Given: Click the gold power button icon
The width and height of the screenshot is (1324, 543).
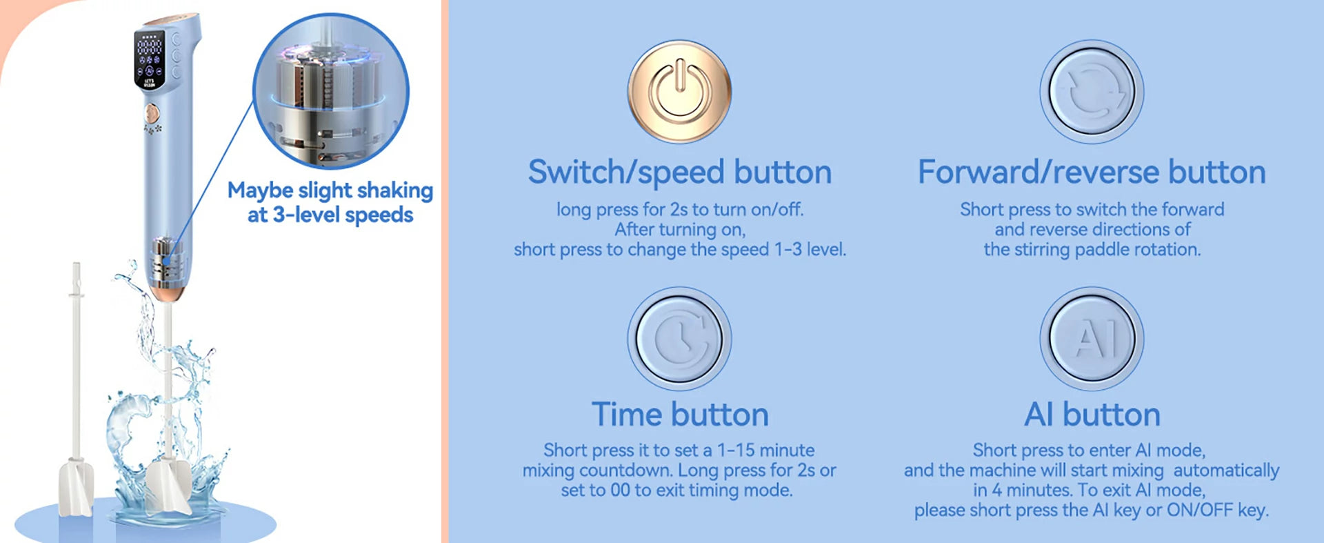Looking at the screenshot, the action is point(679,92).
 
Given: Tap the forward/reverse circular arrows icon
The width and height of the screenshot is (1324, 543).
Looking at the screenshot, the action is point(1092,92).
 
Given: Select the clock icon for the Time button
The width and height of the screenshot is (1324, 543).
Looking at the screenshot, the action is point(679,339).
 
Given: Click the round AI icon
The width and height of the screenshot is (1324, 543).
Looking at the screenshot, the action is point(1092,339).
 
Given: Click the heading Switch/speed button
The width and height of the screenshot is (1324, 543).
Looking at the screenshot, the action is point(680,172).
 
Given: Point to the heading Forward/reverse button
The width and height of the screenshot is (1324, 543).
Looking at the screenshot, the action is point(1092,172).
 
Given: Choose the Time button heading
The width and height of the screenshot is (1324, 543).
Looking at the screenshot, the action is point(680,415).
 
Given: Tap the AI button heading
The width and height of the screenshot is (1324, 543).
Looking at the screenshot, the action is point(1092,415).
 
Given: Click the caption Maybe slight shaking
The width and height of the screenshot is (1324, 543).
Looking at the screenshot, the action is point(330,190).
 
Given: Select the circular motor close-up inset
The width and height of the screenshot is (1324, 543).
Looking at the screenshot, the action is point(331,91).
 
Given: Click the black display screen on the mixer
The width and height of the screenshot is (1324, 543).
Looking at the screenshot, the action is point(150,59).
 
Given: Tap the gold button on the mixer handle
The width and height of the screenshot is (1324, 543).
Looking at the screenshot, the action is point(152,112).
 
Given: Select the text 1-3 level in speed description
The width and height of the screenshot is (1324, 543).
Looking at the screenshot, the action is point(810,250).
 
